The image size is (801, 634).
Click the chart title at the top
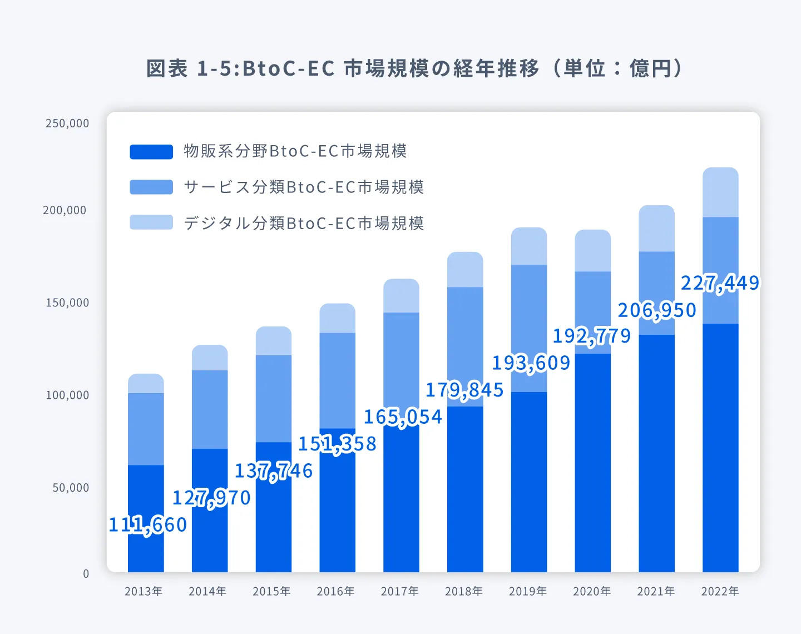(x=414, y=68)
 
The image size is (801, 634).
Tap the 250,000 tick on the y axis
(x=67, y=123)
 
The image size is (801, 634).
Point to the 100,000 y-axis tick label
(x=67, y=395)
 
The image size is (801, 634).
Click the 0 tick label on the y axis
(x=86, y=574)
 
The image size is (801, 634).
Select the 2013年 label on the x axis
(x=144, y=591)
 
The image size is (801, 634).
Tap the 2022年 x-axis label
(x=720, y=591)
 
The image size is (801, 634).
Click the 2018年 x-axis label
(x=463, y=591)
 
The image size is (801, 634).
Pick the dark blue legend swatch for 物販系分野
(x=151, y=152)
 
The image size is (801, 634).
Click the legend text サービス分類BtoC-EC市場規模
(x=304, y=187)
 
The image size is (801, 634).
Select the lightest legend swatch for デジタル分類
(x=151, y=222)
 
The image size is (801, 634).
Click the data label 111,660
(x=148, y=525)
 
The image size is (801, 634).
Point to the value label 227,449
(x=720, y=284)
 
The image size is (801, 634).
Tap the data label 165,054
(x=403, y=417)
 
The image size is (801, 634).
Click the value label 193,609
(x=531, y=363)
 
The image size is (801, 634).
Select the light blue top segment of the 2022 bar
(x=720, y=192)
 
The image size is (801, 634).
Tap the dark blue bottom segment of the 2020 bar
(x=592, y=462)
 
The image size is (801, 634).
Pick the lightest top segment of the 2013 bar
(x=146, y=383)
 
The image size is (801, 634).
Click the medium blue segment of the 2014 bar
(x=210, y=409)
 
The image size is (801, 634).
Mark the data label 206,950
(x=657, y=310)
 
